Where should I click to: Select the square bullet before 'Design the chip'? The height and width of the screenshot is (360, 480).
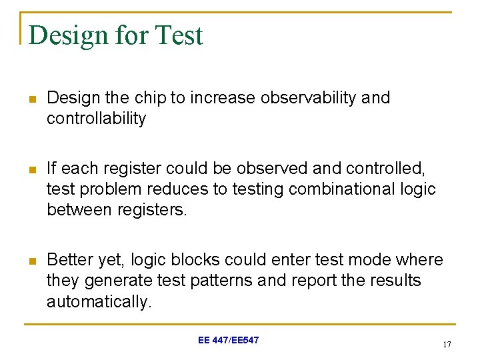[x=31, y=99]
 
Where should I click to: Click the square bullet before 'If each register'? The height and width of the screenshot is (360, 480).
[x=31, y=169]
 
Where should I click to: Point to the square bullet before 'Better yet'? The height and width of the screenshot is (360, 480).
[x=31, y=260]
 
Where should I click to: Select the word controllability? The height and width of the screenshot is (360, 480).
[x=96, y=119]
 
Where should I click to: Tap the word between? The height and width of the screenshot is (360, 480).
[x=81, y=210]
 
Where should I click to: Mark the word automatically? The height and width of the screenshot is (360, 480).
[x=99, y=301]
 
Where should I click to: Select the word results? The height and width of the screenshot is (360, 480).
[x=396, y=281]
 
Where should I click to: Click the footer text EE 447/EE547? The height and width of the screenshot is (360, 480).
[x=228, y=341]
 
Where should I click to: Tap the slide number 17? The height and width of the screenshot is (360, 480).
[x=446, y=345]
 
